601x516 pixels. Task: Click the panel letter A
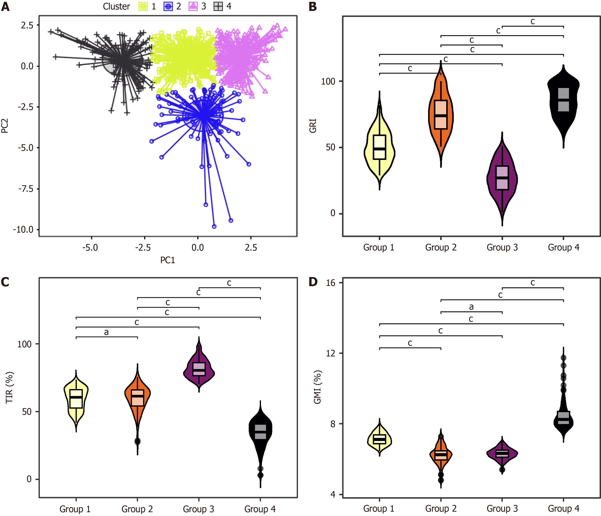[5, 6]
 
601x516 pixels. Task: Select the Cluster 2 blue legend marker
[168, 6]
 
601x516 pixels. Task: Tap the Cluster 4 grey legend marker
[218, 6]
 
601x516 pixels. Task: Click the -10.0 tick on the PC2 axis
[23, 229]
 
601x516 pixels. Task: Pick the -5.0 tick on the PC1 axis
[90, 248]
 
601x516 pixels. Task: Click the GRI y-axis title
[313, 126]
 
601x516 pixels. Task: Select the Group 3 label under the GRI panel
[502, 248]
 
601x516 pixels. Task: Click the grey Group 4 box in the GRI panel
[563, 99]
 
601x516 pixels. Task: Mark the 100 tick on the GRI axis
[328, 81]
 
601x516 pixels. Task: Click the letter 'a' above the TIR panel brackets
[107, 332]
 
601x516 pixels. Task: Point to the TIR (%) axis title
[9, 387]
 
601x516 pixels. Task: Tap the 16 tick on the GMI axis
[331, 283]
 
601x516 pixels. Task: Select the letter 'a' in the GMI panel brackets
[471, 307]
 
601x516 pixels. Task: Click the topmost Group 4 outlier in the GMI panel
[563, 358]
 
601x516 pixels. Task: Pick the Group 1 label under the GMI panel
[379, 509]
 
